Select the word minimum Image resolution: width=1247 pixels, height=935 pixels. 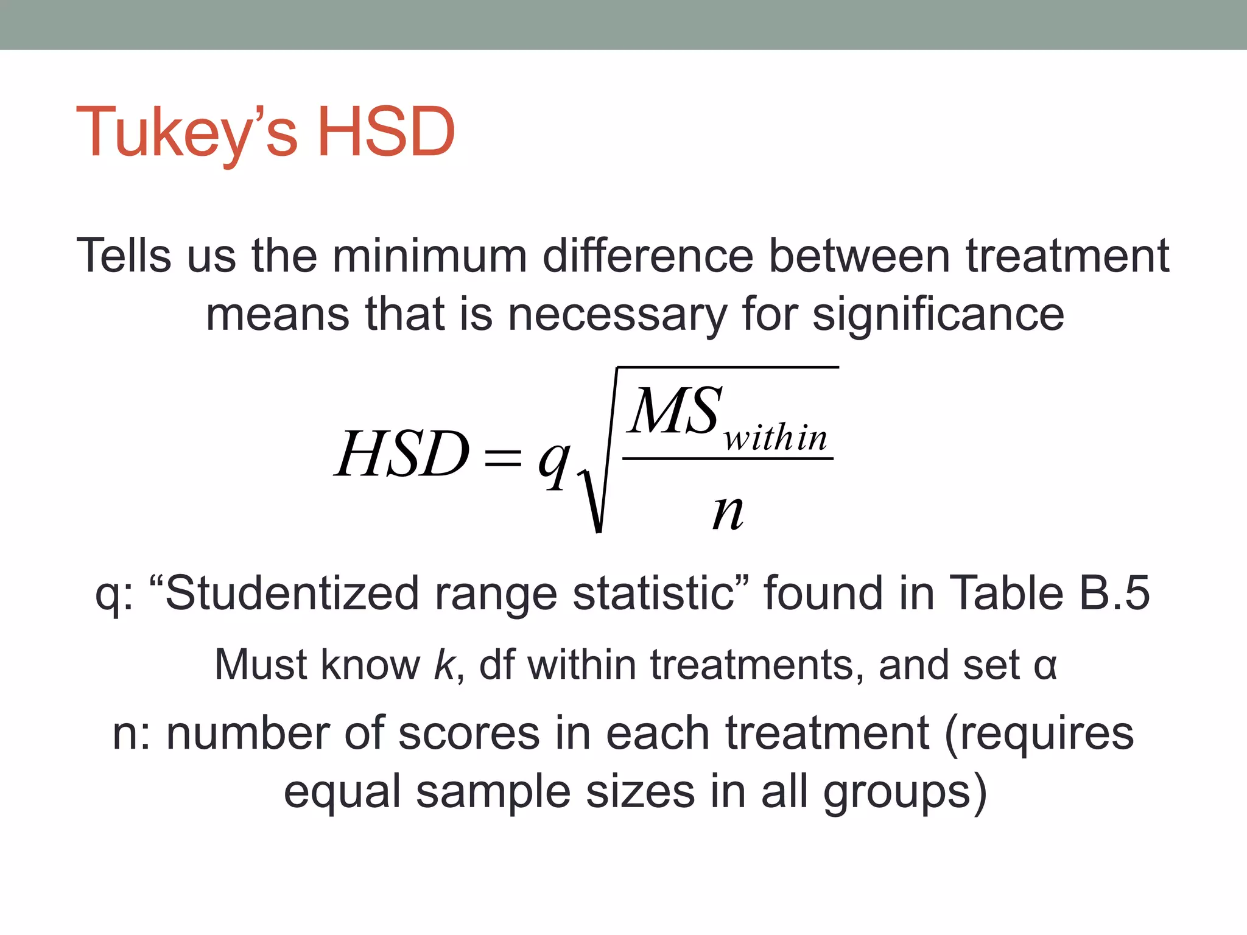(429, 256)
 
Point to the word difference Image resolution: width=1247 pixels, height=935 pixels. (648, 256)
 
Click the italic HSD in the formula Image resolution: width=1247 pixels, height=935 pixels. (402, 453)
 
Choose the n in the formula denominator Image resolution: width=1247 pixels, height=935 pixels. (728, 512)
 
